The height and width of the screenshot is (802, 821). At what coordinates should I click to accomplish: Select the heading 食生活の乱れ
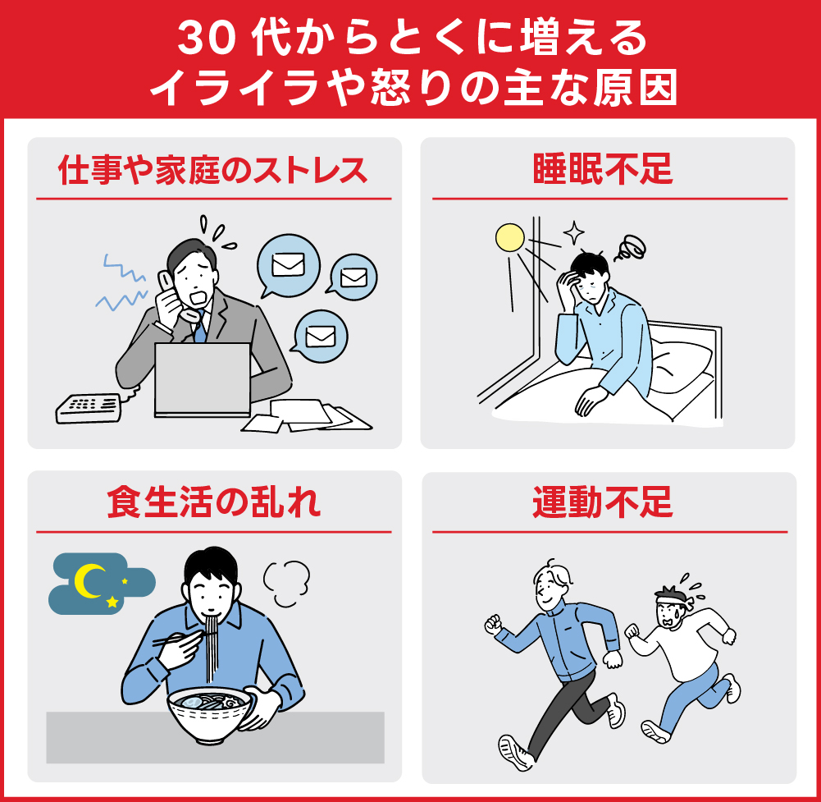click(213, 503)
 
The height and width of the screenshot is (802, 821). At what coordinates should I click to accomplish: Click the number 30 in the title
click(200, 39)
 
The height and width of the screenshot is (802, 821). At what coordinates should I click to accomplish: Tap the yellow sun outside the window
click(509, 238)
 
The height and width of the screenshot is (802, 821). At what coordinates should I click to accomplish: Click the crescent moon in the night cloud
click(89, 580)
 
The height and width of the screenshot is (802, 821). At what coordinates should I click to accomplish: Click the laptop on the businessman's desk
click(203, 378)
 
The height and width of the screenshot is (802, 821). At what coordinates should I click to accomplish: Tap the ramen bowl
click(209, 715)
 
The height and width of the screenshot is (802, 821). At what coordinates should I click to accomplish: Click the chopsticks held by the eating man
click(177, 637)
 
